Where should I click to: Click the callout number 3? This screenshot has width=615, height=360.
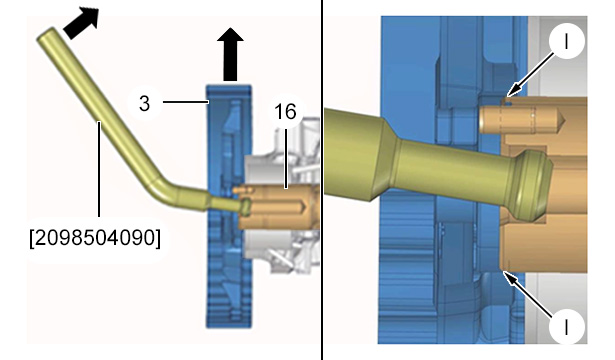coord(144,104)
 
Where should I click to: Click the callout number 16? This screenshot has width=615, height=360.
coord(286,112)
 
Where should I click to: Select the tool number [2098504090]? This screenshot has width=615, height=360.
coord(95,237)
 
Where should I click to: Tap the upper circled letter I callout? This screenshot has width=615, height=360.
coord(566,41)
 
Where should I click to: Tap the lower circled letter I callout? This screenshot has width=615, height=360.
coord(566,326)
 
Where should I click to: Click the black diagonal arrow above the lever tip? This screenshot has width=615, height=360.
coord(82,22)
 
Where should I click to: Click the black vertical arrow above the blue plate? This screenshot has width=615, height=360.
coord(230,55)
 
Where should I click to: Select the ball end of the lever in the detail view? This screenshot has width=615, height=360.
coord(529,184)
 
